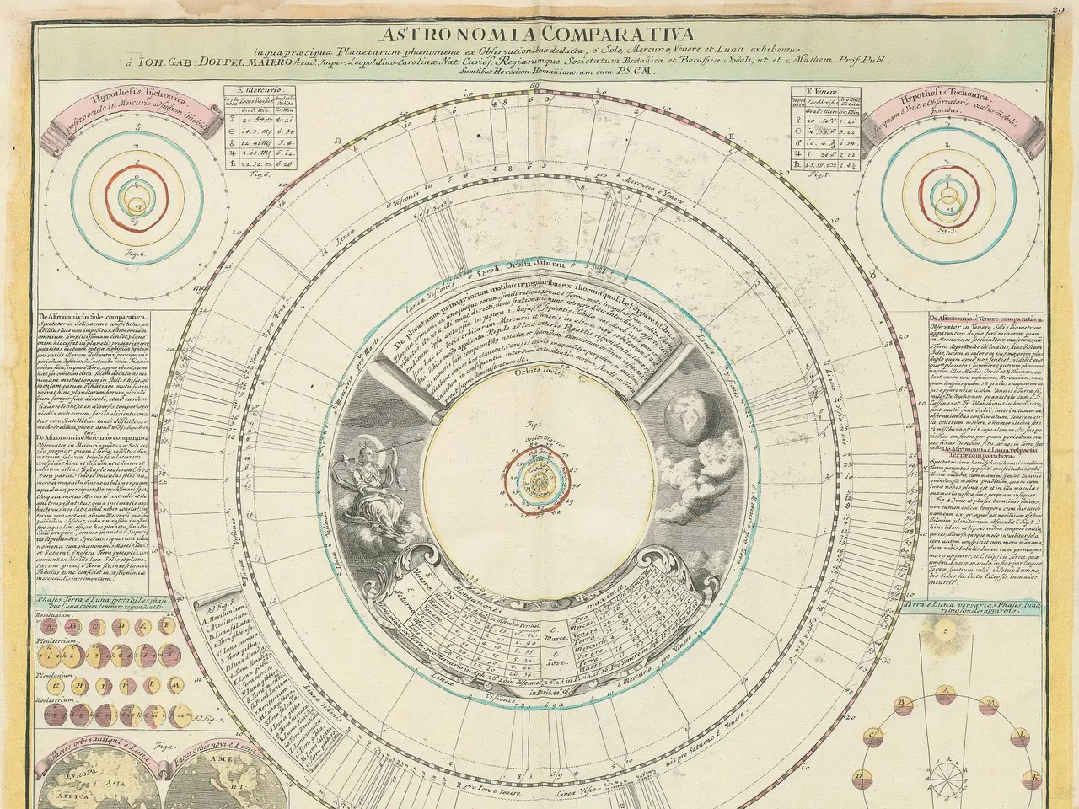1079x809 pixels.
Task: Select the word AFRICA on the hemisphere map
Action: point(62,795)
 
